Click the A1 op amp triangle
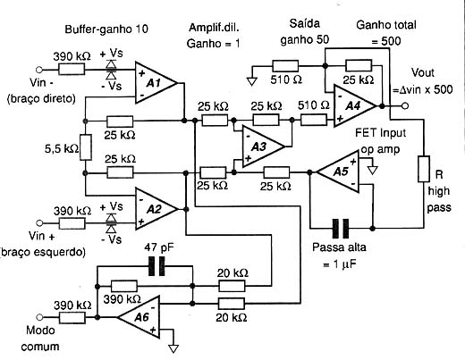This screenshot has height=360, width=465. (156, 83)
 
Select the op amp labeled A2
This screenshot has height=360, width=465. (156, 209)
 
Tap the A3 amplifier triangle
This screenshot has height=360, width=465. (263, 147)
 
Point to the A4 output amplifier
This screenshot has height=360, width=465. (354, 106)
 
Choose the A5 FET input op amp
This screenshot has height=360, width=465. (338, 172)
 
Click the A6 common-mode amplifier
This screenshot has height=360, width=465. (139, 317)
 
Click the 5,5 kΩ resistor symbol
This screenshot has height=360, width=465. (86, 147)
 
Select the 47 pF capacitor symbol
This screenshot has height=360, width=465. (156, 266)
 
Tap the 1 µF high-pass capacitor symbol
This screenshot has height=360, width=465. (341, 229)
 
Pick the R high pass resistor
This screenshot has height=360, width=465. (424, 169)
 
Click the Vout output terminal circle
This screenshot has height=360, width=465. (404, 105)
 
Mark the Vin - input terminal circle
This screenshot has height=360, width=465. (39, 70)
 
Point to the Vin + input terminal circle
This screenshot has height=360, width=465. (39, 223)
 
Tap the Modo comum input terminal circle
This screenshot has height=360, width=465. (39, 317)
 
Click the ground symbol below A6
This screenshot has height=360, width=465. (173, 348)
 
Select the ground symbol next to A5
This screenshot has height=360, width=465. (372, 171)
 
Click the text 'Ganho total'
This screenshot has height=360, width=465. (386, 25)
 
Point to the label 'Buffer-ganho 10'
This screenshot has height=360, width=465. (106, 29)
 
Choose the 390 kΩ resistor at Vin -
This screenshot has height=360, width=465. (72, 70)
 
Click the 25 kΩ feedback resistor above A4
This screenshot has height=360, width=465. (359, 65)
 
